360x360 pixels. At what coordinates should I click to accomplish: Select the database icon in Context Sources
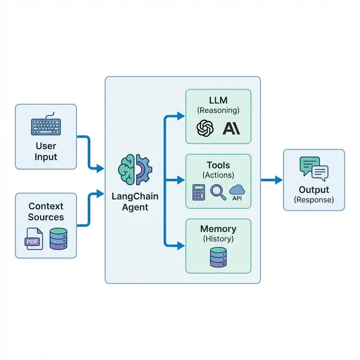[x=59, y=239]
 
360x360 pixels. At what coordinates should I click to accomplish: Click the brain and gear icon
[x=135, y=169]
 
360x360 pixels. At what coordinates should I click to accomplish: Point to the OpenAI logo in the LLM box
[x=205, y=128]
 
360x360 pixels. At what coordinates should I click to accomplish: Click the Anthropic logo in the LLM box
[x=231, y=128]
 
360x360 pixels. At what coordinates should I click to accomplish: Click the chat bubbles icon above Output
[x=314, y=169]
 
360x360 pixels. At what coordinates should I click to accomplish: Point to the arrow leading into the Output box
[x=272, y=180]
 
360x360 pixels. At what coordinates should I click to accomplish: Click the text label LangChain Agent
[x=135, y=201]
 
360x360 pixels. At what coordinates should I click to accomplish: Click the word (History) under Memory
[x=218, y=239]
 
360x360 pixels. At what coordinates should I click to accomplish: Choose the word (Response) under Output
[x=314, y=200]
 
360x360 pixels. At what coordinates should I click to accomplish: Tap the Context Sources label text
[x=45, y=211]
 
